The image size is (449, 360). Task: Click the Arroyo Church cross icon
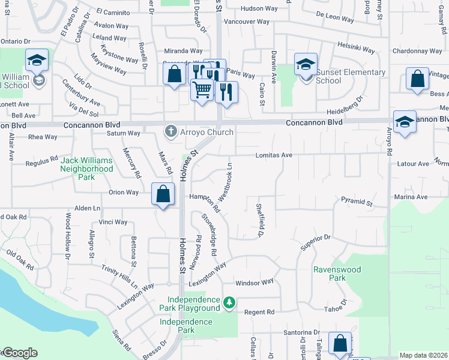coord(171,131)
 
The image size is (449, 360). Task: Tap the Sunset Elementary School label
coord(350,77)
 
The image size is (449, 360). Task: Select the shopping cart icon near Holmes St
coord(202,90)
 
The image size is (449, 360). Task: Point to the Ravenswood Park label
coord(337,274)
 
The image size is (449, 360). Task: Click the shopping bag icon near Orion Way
coord(163,194)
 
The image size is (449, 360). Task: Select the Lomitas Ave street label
coord(274,155)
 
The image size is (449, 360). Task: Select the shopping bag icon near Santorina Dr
coord(340,344)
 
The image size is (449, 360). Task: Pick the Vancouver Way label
coord(246,22)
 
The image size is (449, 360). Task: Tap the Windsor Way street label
coord(254,282)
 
